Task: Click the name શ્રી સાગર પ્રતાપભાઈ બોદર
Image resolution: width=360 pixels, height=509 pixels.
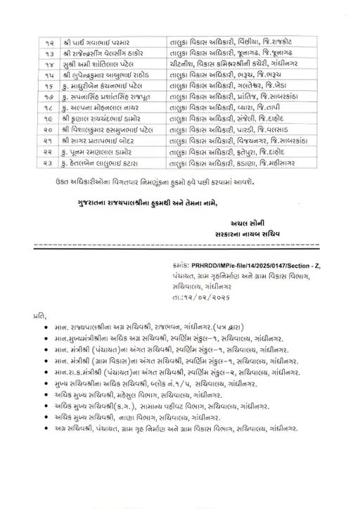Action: [95, 149]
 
